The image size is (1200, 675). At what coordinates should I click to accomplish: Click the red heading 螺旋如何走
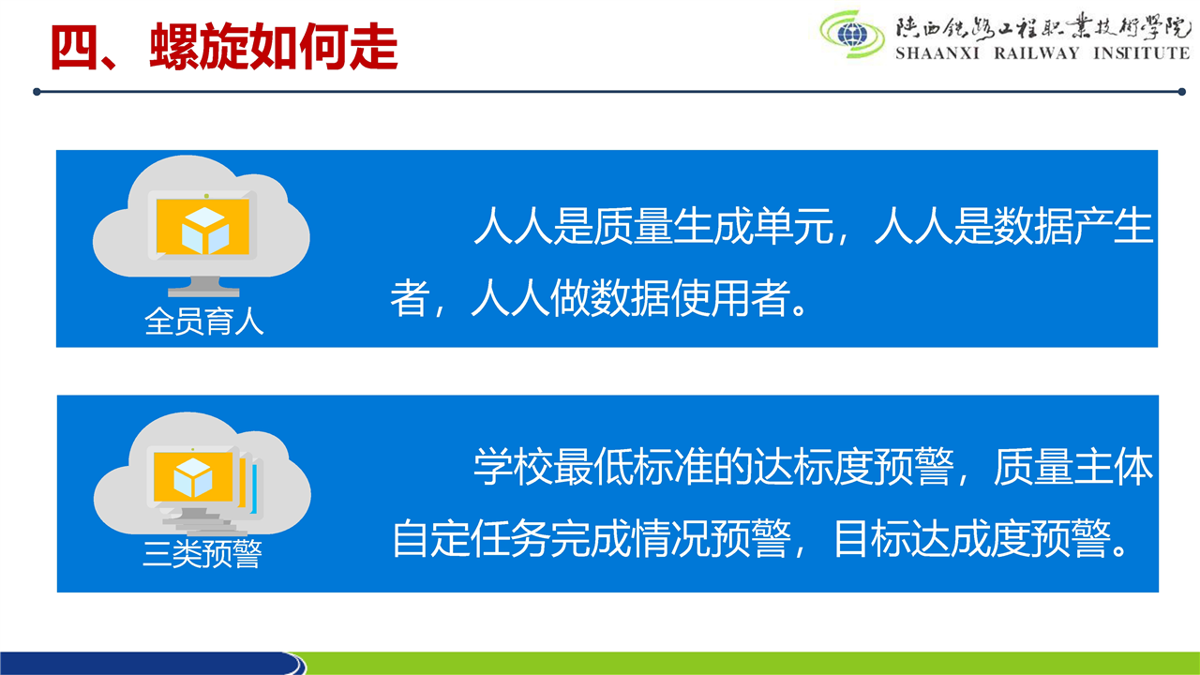point(274,47)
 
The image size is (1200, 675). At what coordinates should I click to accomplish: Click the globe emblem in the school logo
point(852,36)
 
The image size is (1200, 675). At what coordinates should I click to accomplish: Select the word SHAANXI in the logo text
point(937,53)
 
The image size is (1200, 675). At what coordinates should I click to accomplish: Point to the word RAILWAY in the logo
point(1037,53)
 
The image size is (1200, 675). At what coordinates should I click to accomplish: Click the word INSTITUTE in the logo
point(1141,53)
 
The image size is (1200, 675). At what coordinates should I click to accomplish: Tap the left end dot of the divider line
point(37,92)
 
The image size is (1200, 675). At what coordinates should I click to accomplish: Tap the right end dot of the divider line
point(1182,92)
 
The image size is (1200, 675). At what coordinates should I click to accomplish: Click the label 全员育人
point(204,322)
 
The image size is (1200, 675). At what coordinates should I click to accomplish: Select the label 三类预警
point(202,553)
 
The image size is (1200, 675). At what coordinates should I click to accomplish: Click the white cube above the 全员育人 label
point(205,231)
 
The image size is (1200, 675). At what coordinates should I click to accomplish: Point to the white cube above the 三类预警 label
point(193,477)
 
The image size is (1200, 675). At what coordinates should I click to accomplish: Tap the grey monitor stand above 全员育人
point(203,287)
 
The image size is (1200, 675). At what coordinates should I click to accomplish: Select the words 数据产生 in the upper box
point(1073,226)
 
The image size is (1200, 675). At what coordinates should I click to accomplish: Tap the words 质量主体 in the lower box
point(1073,467)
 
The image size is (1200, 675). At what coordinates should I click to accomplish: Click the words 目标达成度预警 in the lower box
point(972,538)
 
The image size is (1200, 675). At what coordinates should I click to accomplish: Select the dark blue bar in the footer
point(150,663)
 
